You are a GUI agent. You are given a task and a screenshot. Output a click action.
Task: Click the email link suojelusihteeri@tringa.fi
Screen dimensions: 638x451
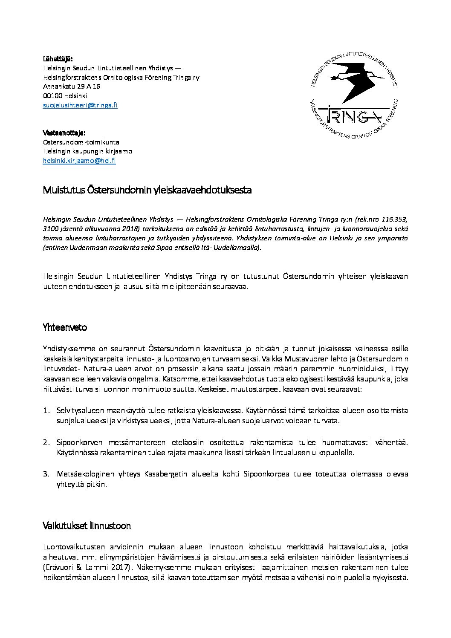tap(80, 105)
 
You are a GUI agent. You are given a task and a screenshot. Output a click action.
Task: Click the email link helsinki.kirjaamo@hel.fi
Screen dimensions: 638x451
tap(79, 161)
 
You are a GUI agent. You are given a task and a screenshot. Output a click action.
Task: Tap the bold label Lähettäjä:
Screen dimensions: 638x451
tap(58, 58)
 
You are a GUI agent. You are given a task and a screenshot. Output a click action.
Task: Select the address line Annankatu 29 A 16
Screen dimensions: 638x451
tap(72, 87)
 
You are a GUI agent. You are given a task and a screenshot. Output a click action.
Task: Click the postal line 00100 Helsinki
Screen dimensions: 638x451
tap(65, 96)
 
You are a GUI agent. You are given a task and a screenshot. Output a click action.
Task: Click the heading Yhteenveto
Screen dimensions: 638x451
tap(65, 328)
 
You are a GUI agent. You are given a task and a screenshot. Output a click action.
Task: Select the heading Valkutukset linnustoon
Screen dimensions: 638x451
tap(87, 526)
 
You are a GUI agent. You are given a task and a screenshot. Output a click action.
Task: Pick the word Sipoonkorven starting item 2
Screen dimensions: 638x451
tap(78, 442)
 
